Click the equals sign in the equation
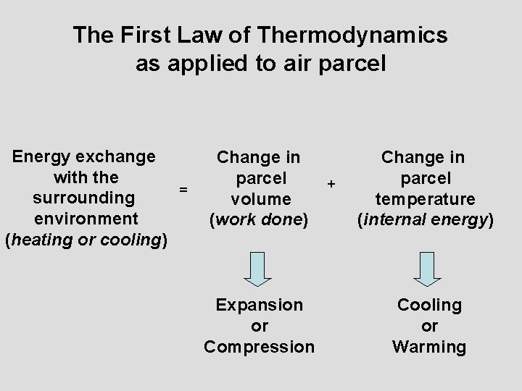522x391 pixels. [x=183, y=189]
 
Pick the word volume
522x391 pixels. [x=260, y=198]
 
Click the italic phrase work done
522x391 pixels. [x=259, y=219]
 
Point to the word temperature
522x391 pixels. [x=426, y=198]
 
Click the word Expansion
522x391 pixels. [x=260, y=306]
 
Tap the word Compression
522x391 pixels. [x=260, y=347]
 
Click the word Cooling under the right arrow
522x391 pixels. [x=429, y=306]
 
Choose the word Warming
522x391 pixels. [x=429, y=347]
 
